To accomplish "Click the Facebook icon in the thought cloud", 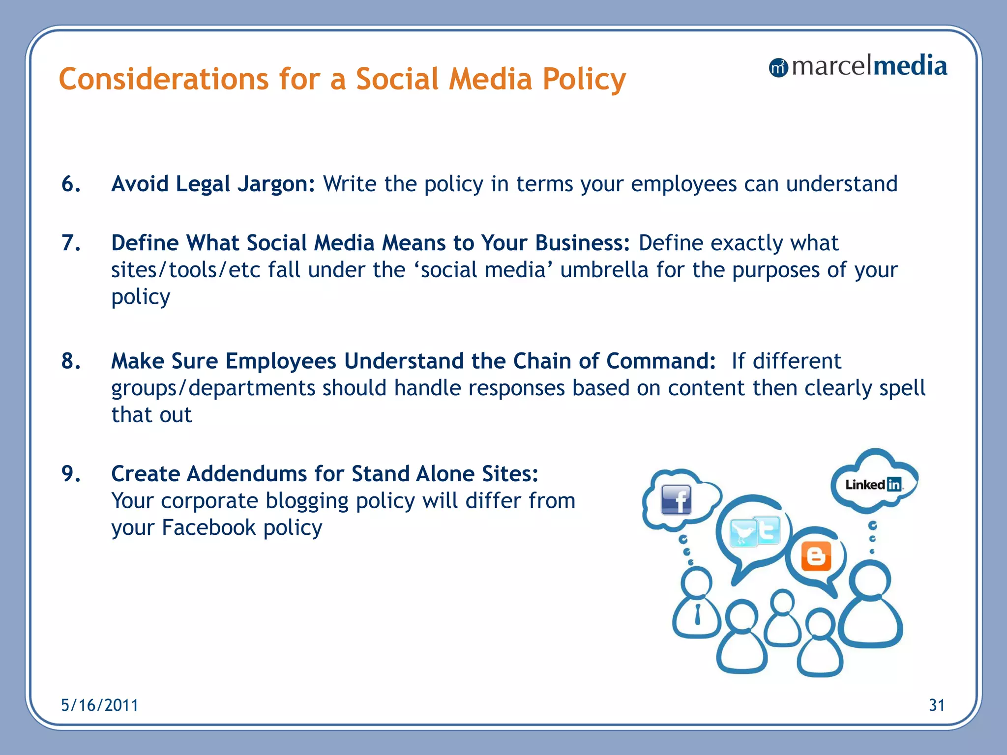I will click(x=676, y=499).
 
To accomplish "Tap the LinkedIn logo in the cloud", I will click(x=873, y=485).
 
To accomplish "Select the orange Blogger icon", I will click(x=816, y=556).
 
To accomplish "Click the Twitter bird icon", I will click(x=743, y=533).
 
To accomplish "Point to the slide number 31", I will click(x=936, y=705).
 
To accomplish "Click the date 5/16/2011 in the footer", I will click(x=99, y=705).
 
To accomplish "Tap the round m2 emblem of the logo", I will click(x=778, y=68).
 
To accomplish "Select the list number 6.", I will click(x=71, y=184).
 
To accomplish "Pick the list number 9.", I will click(x=71, y=474).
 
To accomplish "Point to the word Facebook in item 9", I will click(x=209, y=528).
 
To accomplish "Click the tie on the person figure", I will click(x=697, y=614).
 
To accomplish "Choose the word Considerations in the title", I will click(x=164, y=79).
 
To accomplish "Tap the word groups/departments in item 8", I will click(x=213, y=388).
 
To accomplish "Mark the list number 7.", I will click(x=71, y=243).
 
